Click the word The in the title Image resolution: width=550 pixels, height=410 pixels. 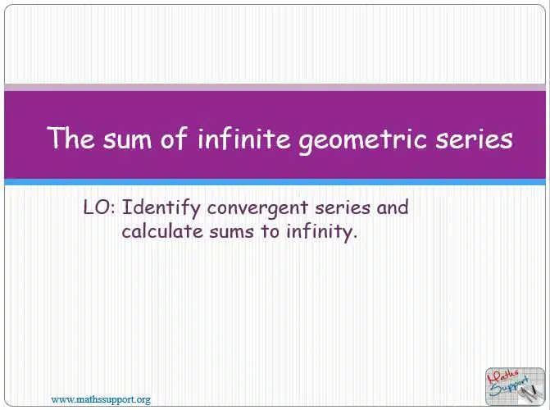[x=70, y=137]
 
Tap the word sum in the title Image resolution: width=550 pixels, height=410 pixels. [x=127, y=139]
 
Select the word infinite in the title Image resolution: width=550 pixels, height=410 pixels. [x=244, y=137]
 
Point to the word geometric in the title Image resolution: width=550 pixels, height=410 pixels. [x=363, y=140]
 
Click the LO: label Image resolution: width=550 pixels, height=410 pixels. [x=99, y=207]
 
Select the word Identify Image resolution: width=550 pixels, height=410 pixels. [x=161, y=208]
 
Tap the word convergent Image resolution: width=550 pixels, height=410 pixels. [x=257, y=209]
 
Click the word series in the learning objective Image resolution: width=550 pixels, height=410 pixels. [x=343, y=208]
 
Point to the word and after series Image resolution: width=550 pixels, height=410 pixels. [x=393, y=207]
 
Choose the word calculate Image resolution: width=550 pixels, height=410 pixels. [x=162, y=231]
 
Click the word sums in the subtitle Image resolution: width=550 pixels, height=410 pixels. [x=231, y=233]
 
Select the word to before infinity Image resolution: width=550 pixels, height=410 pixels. [x=270, y=232]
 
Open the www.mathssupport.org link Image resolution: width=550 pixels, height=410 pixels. [x=101, y=399]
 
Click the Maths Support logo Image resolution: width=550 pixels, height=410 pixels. [x=515, y=386]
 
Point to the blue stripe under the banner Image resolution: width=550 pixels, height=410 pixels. [x=275, y=182]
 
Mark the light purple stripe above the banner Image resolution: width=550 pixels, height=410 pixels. [x=275, y=88]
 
